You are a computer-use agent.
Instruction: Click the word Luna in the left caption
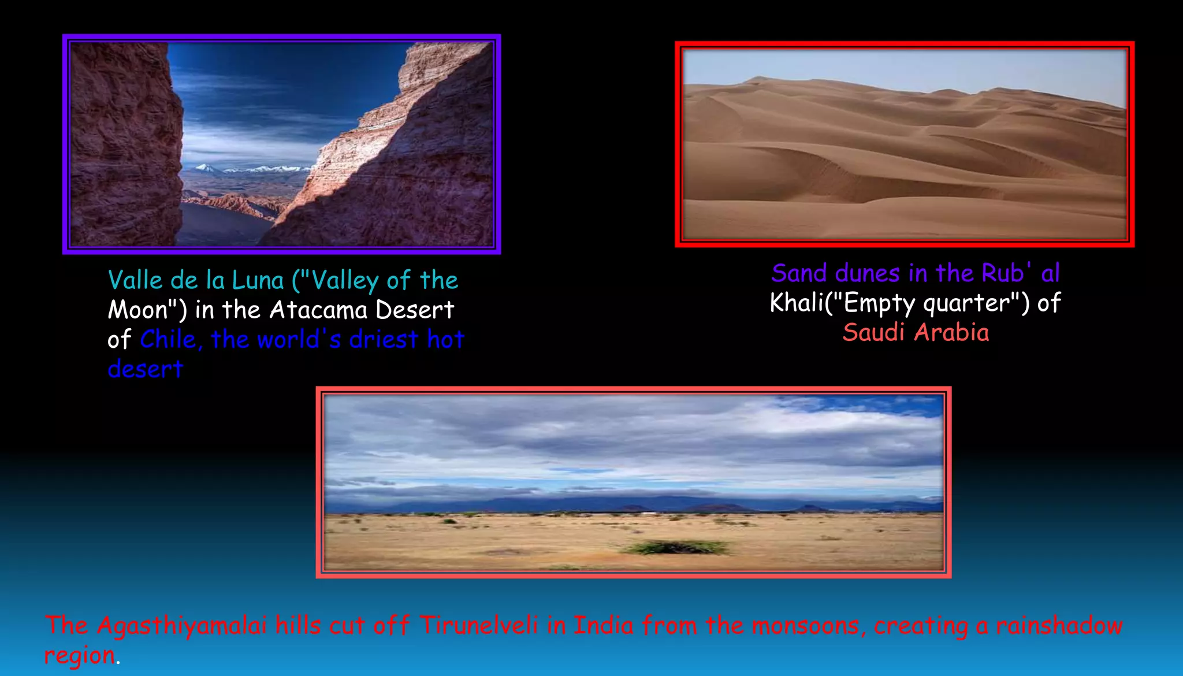pyautogui.click(x=258, y=281)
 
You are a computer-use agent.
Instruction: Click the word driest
pyautogui.click(x=383, y=340)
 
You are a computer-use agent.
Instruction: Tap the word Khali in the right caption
pyautogui.click(x=797, y=303)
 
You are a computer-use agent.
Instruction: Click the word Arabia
pyautogui.click(x=951, y=333)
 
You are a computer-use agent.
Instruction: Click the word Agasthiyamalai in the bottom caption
pyautogui.click(x=181, y=626)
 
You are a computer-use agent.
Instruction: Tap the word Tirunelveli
pyautogui.click(x=479, y=626)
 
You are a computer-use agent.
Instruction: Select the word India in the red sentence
pyautogui.click(x=603, y=626)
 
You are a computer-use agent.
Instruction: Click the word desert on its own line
pyautogui.click(x=146, y=369)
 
